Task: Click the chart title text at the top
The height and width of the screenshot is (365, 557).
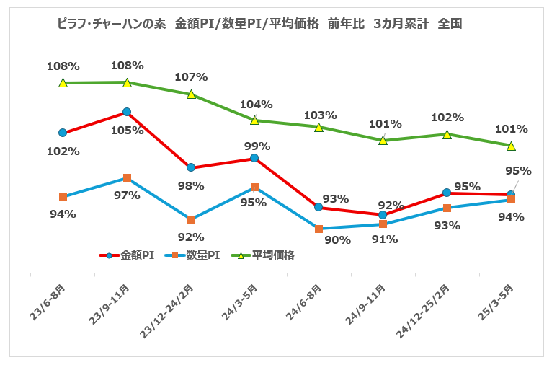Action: (259, 24)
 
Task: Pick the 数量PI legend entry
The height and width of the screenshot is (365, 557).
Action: (193, 255)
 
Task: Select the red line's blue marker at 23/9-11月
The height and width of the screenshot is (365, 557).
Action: (127, 112)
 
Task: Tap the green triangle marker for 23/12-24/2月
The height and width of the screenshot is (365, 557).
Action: (191, 94)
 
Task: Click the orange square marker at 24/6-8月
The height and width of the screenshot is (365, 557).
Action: (318, 229)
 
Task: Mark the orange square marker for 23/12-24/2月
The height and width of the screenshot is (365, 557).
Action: (191, 219)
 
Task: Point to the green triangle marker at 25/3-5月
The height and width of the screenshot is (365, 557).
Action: (511, 146)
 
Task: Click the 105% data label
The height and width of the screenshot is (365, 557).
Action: (127, 131)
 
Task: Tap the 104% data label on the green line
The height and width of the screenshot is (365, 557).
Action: (256, 104)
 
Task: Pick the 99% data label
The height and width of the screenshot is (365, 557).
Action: (257, 146)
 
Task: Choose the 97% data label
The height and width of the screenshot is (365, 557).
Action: (127, 195)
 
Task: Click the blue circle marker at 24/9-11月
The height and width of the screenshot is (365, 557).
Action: (383, 215)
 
